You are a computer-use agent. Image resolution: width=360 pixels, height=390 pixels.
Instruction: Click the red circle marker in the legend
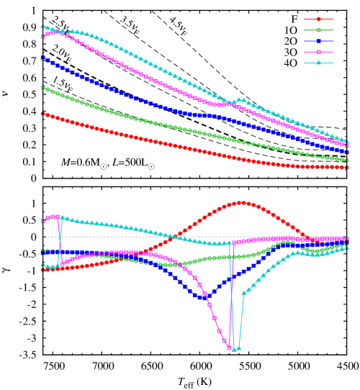(319, 19)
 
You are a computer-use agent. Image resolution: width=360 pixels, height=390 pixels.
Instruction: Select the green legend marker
(319, 30)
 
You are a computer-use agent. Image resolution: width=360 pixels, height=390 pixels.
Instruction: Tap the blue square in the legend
(319, 41)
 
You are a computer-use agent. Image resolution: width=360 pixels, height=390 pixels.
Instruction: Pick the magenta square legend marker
(319, 52)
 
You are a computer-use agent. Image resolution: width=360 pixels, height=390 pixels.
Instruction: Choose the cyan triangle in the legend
(319, 63)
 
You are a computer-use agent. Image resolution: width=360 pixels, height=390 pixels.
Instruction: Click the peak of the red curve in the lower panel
(241, 203)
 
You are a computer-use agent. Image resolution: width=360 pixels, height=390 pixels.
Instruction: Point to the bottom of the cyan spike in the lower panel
(235, 349)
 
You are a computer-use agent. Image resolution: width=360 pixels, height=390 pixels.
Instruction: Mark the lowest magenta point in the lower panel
(230, 347)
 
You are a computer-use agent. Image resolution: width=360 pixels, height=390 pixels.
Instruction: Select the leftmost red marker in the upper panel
(42, 113)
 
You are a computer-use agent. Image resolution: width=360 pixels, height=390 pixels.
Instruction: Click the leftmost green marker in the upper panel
(42, 88)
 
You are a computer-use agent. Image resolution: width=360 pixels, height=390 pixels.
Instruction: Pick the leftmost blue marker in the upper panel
(42, 58)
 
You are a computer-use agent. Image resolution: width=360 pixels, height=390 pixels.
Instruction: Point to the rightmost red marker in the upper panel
(347, 168)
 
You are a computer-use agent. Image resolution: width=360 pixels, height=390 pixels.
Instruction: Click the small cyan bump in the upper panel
(240, 99)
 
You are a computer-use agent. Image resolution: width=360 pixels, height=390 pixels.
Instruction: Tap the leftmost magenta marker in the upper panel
(42, 36)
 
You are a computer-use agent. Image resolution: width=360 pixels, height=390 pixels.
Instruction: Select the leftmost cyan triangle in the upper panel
(42, 27)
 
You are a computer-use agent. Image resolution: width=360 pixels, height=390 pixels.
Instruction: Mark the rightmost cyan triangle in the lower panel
(347, 248)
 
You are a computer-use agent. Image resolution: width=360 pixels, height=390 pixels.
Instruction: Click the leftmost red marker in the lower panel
(42, 270)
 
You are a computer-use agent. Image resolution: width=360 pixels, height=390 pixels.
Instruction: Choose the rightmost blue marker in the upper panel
(347, 152)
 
